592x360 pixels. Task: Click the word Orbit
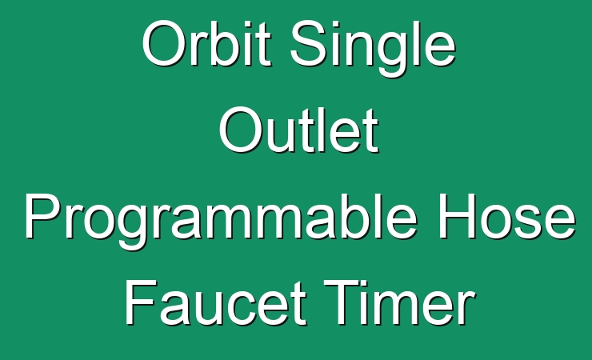[x=206, y=44]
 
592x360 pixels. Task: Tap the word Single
[x=373, y=48]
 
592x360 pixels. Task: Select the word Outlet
[x=298, y=130]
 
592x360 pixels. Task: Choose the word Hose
[x=506, y=216]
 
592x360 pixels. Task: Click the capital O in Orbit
[x=165, y=44]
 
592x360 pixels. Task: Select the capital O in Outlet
[x=242, y=130]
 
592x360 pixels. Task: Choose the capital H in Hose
[x=456, y=216]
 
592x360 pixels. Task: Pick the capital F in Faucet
[x=141, y=302]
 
